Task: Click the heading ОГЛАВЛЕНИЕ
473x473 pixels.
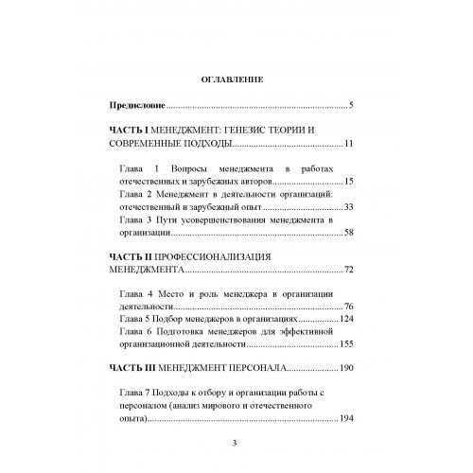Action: click(x=236, y=80)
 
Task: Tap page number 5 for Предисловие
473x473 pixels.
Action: click(x=350, y=104)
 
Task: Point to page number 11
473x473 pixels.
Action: click(x=347, y=145)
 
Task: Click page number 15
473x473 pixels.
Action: click(x=347, y=181)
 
